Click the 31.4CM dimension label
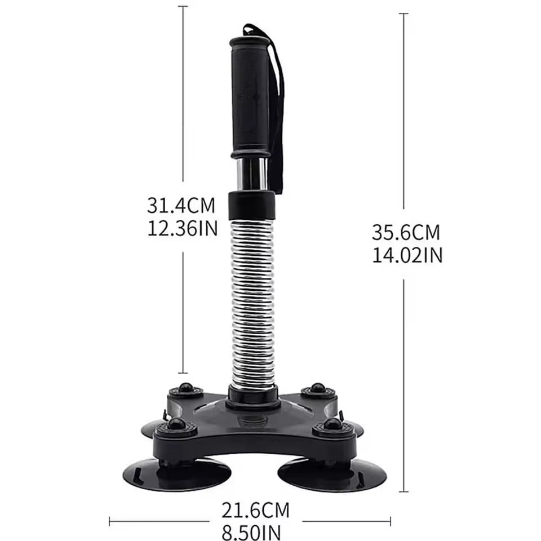(x=181, y=205)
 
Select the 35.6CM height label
(x=405, y=232)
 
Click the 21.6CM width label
(x=255, y=511)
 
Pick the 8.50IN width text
(x=251, y=531)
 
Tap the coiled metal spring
(x=253, y=304)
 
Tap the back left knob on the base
(x=185, y=388)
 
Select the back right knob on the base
(x=318, y=388)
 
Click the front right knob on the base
(x=333, y=424)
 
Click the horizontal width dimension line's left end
(x=109, y=521)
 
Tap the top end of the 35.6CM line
(x=403, y=14)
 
